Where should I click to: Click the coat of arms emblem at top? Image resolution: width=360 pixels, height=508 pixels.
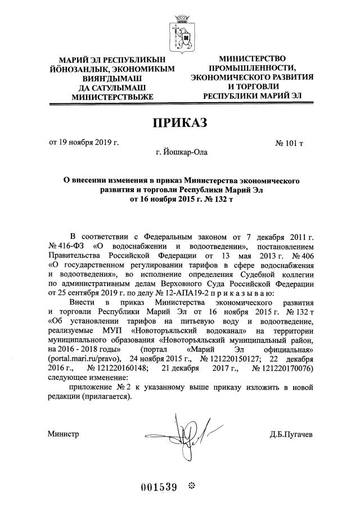tap(180, 31)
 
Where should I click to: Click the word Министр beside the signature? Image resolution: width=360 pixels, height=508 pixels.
tap(63, 434)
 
